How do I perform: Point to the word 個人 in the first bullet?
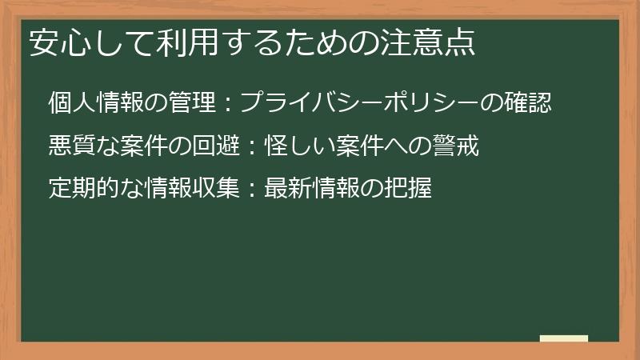[71, 102]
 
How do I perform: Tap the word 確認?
[529, 102]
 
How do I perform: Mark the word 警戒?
[456, 146]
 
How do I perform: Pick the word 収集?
[217, 190]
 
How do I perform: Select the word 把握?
[409, 190]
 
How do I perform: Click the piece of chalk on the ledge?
[564, 338]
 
